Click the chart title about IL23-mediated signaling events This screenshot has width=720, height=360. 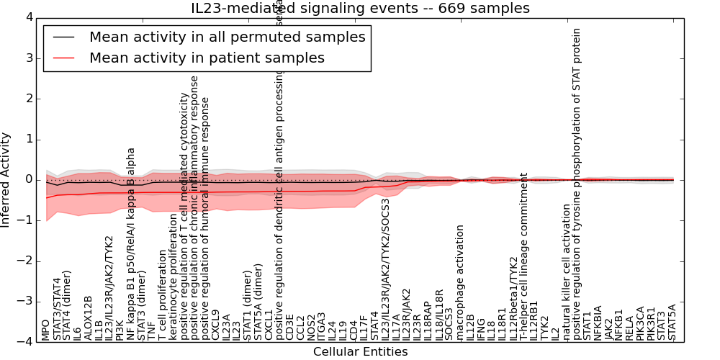[x=360, y=9]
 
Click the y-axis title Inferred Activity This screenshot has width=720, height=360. [x=6, y=180]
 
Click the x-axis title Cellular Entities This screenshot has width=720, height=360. [x=360, y=352]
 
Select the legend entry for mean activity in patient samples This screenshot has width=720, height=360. [x=207, y=58]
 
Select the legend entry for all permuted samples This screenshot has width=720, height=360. [x=227, y=37]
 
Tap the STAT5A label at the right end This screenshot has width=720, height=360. [x=672, y=322]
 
